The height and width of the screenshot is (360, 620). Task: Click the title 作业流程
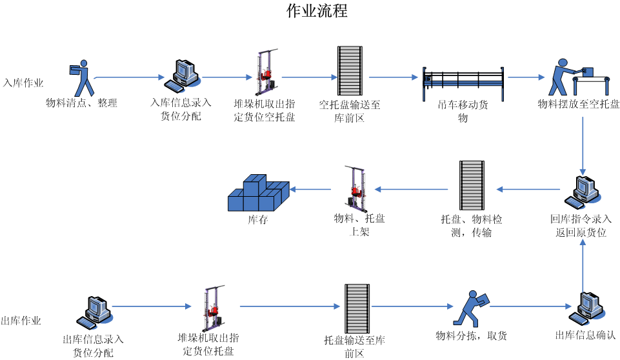click(x=317, y=11)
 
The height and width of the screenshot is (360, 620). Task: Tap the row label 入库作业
click(x=23, y=83)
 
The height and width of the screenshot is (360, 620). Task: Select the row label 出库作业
click(x=21, y=321)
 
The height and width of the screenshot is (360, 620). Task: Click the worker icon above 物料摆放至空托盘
click(x=578, y=77)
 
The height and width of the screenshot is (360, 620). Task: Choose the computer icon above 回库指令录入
click(x=584, y=191)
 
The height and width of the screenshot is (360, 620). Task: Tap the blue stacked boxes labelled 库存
click(x=257, y=193)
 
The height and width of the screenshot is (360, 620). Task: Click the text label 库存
click(x=257, y=220)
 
